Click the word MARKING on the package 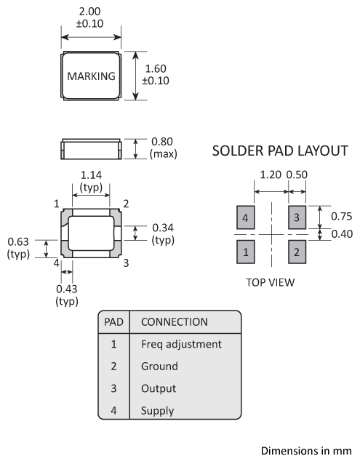pyautogui.click(x=91, y=76)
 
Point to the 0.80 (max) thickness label pyautogui.click(x=164, y=148)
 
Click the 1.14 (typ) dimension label pyautogui.click(x=91, y=181)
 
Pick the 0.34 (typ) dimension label pyautogui.click(x=163, y=233)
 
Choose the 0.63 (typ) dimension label pyautogui.click(x=18, y=248)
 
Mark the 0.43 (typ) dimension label pyautogui.click(x=67, y=295)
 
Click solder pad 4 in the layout pyautogui.click(x=246, y=217)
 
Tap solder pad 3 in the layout pyautogui.click(x=297, y=217)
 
